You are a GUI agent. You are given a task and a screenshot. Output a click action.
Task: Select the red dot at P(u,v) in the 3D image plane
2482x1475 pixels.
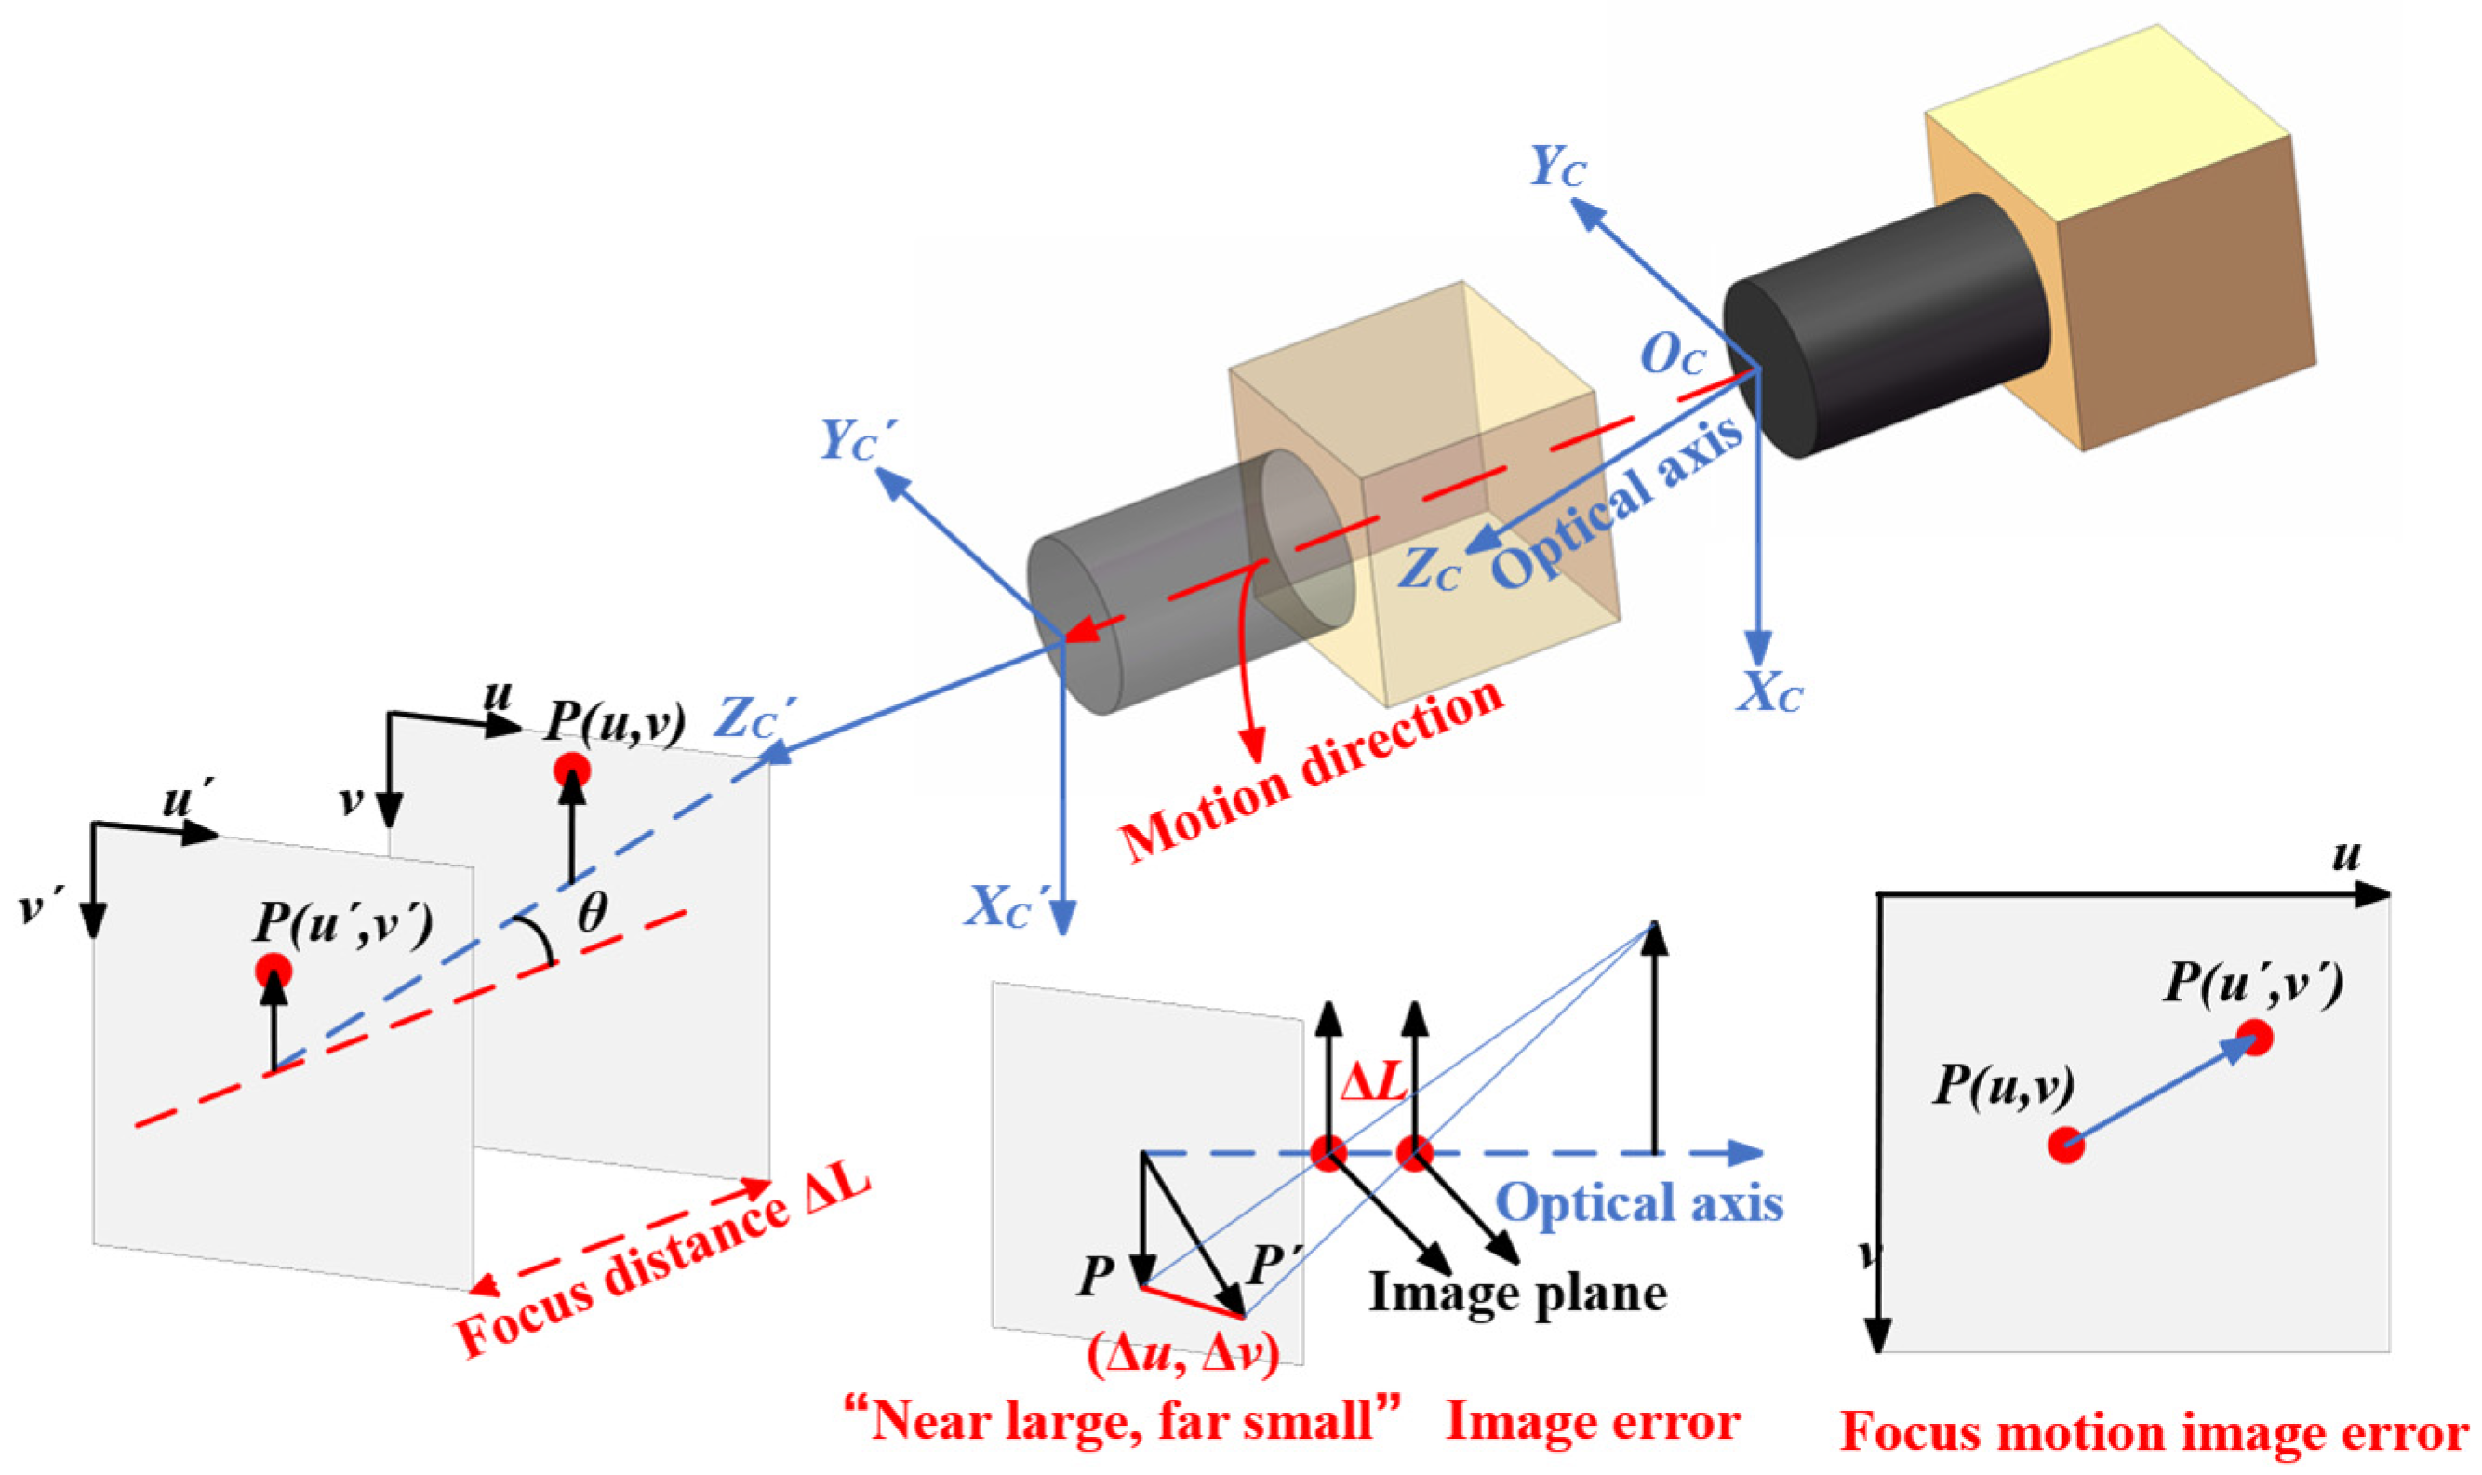[x=571, y=770]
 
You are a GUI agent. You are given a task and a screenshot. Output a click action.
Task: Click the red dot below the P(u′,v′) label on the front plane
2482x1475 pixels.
[x=274, y=970]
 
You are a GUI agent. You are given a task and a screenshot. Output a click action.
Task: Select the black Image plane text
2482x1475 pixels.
[x=1517, y=1294]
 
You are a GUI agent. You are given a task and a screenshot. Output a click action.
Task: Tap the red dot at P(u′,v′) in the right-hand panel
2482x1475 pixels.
[x=2255, y=1038]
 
